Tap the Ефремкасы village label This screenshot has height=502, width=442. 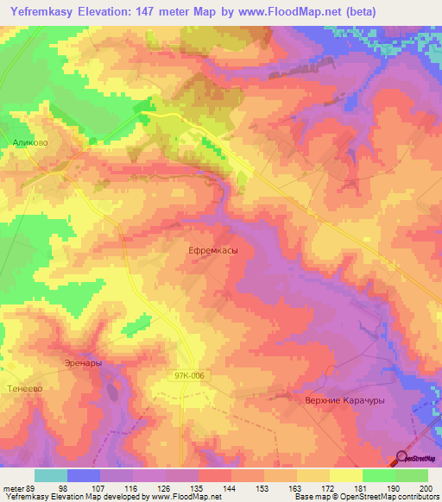[212, 249]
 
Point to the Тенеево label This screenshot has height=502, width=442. [22, 388]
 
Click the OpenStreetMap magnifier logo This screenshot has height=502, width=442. [401, 458]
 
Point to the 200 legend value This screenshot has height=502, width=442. [426, 488]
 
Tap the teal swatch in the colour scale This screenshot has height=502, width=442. [51, 475]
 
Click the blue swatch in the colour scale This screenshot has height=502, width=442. [84, 475]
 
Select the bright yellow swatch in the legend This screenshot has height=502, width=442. [345, 475]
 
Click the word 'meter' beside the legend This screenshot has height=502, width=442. [10, 488]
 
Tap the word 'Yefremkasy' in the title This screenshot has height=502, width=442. [43, 12]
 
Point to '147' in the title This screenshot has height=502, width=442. [148, 12]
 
